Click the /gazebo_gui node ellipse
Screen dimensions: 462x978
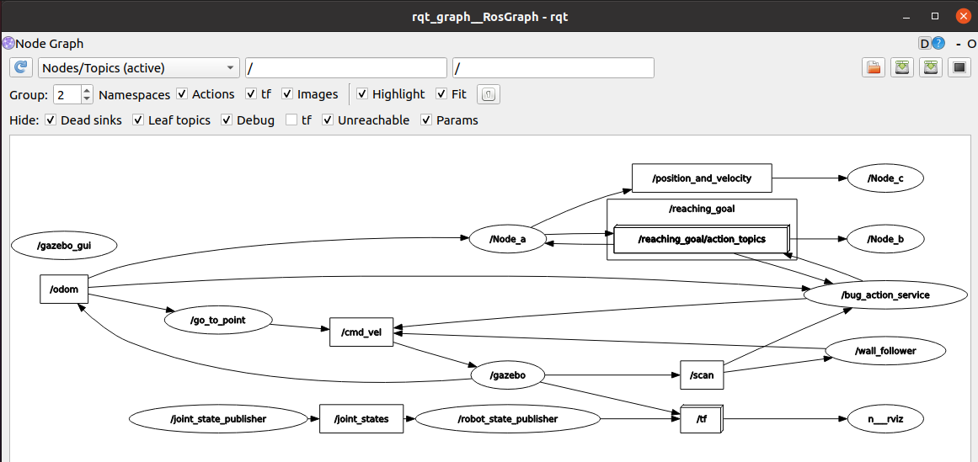(64, 246)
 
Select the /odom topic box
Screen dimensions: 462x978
(64, 289)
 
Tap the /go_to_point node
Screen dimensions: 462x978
(217, 320)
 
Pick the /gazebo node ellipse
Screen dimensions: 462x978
(507, 374)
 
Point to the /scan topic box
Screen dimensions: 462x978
(702, 375)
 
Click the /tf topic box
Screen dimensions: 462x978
(702, 418)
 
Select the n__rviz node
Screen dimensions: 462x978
(885, 418)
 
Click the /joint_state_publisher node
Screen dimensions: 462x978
(218, 418)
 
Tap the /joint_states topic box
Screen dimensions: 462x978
(361, 418)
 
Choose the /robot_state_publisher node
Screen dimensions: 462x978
(507, 418)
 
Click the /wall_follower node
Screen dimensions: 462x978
(885, 350)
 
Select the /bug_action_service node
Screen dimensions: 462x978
(885, 295)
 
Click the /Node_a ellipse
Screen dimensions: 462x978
(507, 239)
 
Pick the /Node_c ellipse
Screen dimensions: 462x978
(885, 178)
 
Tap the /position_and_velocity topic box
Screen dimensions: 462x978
(702, 178)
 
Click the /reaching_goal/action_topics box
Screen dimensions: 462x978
(701, 239)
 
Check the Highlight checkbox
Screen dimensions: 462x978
(363, 94)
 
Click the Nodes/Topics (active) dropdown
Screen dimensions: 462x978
(139, 68)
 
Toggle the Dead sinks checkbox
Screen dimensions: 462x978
(51, 120)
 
